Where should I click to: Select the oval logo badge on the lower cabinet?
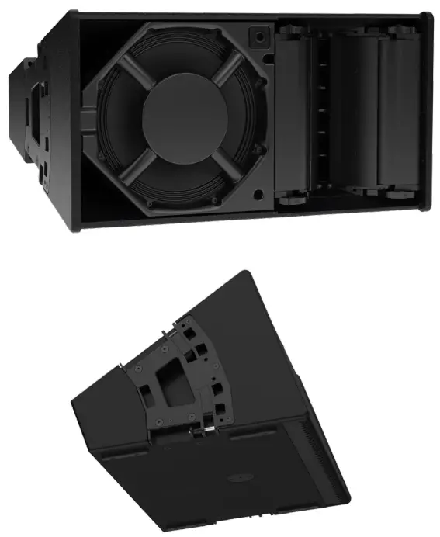(237, 480)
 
